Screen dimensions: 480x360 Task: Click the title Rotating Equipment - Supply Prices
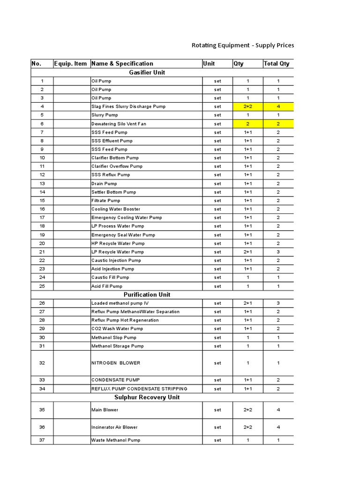click(x=243, y=45)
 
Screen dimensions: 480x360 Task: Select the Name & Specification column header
click(x=122, y=64)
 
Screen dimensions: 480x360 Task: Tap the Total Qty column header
click(x=277, y=64)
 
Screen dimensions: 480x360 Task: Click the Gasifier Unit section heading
click(x=147, y=72)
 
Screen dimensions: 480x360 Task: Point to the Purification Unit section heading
click(x=147, y=294)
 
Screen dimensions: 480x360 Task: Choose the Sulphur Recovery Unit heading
click(x=147, y=397)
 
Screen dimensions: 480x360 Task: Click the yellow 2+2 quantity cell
click(x=247, y=106)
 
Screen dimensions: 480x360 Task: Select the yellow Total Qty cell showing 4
click(x=278, y=106)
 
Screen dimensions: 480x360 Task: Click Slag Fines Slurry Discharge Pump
click(x=128, y=106)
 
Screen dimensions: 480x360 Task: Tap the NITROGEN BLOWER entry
click(x=115, y=363)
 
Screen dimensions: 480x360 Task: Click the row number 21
click(x=42, y=252)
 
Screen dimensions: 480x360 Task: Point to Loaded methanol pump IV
click(x=120, y=303)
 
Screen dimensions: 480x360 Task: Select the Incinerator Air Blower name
click(x=114, y=427)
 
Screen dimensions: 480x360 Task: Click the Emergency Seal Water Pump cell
click(x=123, y=235)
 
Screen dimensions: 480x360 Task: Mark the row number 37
click(x=42, y=440)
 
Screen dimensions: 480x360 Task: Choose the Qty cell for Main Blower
click(x=247, y=410)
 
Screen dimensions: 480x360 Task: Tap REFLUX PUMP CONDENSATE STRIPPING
click(x=139, y=389)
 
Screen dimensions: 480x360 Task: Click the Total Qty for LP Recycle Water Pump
click(x=278, y=252)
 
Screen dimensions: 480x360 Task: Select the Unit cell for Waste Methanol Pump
click(x=217, y=440)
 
